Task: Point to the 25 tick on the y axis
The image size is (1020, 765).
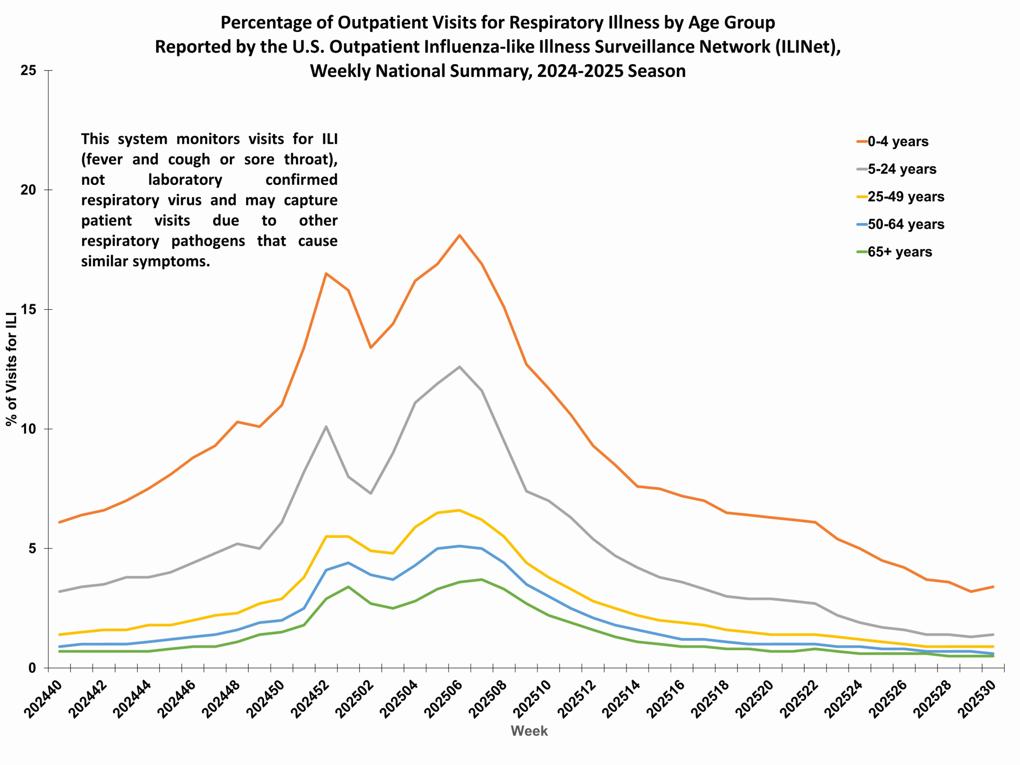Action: (29, 71)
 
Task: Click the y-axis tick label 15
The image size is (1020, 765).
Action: (29, 310)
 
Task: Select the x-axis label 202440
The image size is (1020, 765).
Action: (44, 700)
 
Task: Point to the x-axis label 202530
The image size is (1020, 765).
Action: (978, 700)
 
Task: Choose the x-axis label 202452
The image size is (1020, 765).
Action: (311, 700)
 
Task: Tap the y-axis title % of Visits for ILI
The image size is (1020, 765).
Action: (12, 369)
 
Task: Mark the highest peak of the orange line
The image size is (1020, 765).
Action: (460, 235)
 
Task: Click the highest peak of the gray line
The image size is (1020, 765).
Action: (460, 367)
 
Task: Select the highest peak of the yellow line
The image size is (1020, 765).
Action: (460, 510)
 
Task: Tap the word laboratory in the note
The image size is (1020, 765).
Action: (185, 179)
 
